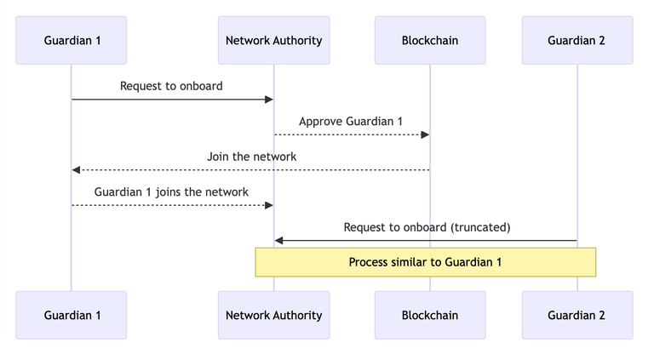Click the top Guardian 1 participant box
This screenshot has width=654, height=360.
(x=72, y=40)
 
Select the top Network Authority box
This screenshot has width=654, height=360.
(x=273, y=40)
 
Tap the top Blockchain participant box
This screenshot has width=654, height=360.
(x=429, y=40)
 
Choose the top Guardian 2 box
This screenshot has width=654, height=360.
(x=577, y=40)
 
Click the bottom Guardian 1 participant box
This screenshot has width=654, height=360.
(x=72, y=315)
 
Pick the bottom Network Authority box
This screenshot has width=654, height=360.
(x=273, y=315)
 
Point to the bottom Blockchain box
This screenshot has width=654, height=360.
(x=429, y=315)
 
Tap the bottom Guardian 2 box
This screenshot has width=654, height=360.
(x=577, y=315)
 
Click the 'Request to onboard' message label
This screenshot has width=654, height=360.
(x=171, y=86)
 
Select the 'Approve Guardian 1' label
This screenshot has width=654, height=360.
(x=351, y=121)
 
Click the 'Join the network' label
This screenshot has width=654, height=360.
(x=251, y=157)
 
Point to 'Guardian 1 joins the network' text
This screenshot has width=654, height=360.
(x=171, y=191)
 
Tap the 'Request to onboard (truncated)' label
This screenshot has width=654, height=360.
(x=427, y=227)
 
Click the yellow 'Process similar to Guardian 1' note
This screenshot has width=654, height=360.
(x=425, y=262)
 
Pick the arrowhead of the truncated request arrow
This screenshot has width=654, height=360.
(x=278, y=241)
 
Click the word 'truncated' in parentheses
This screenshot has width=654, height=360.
(x=480, y=227)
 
